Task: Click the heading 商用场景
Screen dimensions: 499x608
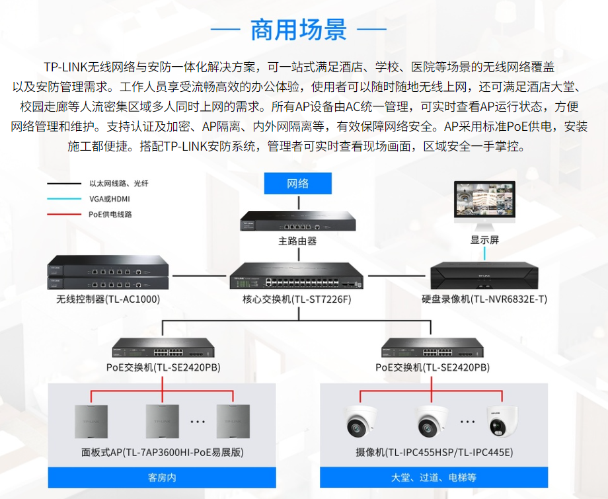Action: click(298, 29)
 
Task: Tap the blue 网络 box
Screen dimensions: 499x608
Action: click(297, 184)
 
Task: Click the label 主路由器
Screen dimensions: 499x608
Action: click(297, 241)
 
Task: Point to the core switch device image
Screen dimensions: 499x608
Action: click(297, 276)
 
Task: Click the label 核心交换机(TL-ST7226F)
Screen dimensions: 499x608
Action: click(297, 299)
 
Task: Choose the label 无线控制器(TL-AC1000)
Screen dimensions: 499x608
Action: click(108, 299)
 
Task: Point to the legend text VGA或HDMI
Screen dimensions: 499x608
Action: click(110, 199)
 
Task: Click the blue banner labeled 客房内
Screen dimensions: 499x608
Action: click(162, 477)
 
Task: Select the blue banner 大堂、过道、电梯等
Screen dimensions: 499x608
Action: click(434, 477)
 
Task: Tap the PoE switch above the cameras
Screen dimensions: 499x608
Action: click(432, 348)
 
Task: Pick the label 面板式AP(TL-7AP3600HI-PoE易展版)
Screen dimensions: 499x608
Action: click(163, 453)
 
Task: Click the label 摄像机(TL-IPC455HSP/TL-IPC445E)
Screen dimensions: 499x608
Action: click(434, 453)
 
